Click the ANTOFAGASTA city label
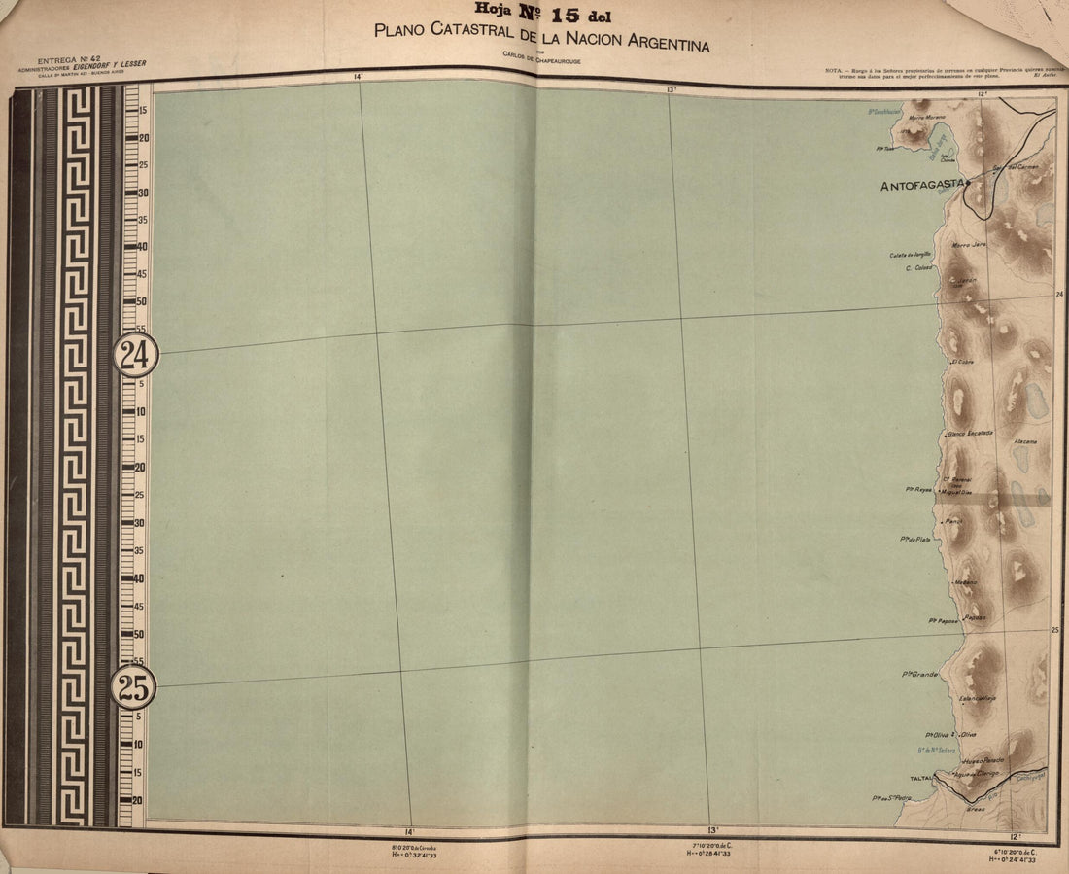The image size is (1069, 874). point(921,185)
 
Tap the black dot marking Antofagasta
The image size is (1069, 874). point(968,183)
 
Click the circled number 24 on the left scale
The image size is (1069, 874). point(135,355)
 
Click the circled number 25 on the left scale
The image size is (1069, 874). point(133,688)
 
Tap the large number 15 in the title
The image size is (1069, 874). point(564,16)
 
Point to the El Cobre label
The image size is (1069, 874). point(962,362)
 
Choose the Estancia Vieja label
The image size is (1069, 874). point(977,698)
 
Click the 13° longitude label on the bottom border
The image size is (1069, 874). point(712,831)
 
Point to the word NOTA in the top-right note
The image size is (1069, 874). point(835,71)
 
